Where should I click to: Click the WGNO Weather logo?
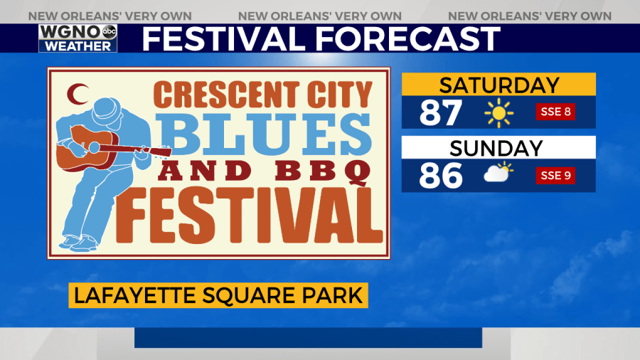78,38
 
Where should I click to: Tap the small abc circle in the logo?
109,31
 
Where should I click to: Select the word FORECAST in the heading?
407,39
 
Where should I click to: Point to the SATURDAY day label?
498,85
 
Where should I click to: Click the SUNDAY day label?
496,148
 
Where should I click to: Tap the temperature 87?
441,112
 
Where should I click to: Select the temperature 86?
441,176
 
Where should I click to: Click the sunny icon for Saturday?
498,112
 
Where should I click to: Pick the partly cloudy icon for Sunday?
498,172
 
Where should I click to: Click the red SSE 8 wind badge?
555,112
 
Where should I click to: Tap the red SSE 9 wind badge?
555,176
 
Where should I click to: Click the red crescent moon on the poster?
76,94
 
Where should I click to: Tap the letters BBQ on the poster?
322,171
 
